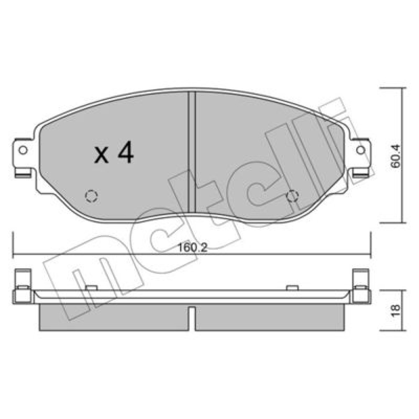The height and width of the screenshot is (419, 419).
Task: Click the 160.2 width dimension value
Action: point(192,248)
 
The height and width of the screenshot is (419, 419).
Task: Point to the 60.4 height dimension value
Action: point(396,156)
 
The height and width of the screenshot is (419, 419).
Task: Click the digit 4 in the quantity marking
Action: point(126,152)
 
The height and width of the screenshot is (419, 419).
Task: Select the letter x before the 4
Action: point(101,155)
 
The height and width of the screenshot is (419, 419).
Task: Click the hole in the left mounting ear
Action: point(23,150)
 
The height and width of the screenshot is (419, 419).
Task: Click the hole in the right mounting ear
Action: point(360,150)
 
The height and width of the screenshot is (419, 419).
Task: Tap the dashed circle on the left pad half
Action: point(91,197)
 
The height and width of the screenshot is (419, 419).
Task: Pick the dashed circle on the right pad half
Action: point(292,197)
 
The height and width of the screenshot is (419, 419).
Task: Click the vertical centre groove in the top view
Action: point(192,152)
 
